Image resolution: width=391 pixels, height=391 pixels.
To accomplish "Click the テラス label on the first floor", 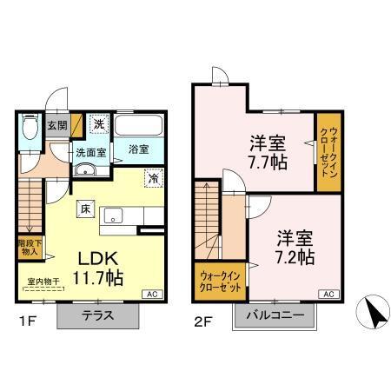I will tap(97, 316).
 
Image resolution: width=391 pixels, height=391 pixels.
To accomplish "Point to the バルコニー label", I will tap(274, 316).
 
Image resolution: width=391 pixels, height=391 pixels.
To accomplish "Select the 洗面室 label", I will tap(89, 153).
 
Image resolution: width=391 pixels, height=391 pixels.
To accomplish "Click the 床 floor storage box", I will tap(85, 208).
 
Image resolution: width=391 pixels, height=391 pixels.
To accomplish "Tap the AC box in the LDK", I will tap(149, 295).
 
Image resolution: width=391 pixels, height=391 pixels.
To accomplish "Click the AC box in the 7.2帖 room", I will tap(329, 295).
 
